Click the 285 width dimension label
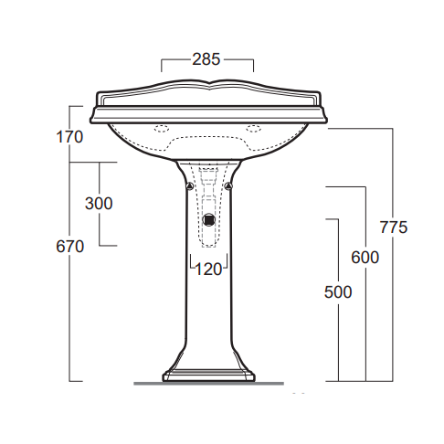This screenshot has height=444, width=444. click(206, 59)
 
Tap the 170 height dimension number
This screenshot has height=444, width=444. click(69, 137)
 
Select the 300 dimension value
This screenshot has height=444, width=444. click(99, 204)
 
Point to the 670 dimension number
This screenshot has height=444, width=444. click(69, 247)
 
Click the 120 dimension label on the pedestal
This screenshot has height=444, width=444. click(208, 270)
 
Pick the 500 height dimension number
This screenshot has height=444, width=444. click(338, 292)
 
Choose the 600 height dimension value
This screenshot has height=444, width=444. click(365, 258)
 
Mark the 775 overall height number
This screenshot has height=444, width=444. click(393, 227)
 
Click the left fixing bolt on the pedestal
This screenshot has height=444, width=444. click(189, 185)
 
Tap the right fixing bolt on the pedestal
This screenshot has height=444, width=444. click(228, 185)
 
